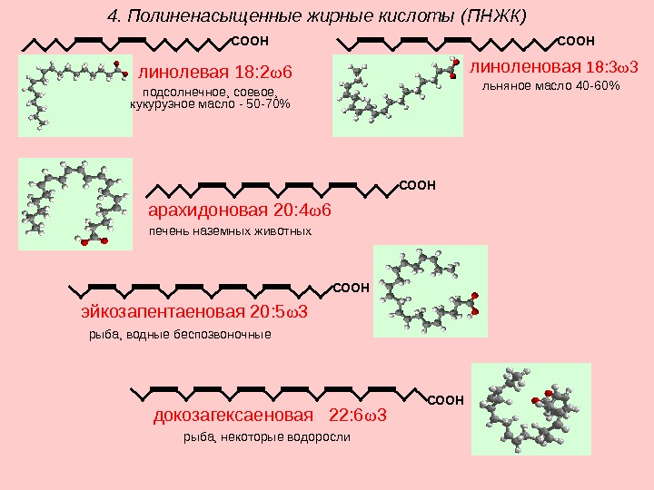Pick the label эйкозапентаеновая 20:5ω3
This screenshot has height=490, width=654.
pos(195,312)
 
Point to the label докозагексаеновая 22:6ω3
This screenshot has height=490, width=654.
pos(270,416)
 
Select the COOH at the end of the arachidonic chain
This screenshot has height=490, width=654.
pos(418,185)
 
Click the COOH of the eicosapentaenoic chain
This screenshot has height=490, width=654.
pos(352,288)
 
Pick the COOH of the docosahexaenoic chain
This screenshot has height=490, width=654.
pos(445,399)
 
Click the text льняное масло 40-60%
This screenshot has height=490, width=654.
pos(549,86)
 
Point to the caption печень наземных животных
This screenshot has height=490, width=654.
pos(230,231)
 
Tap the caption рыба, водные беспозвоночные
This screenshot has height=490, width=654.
pos(180,334)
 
